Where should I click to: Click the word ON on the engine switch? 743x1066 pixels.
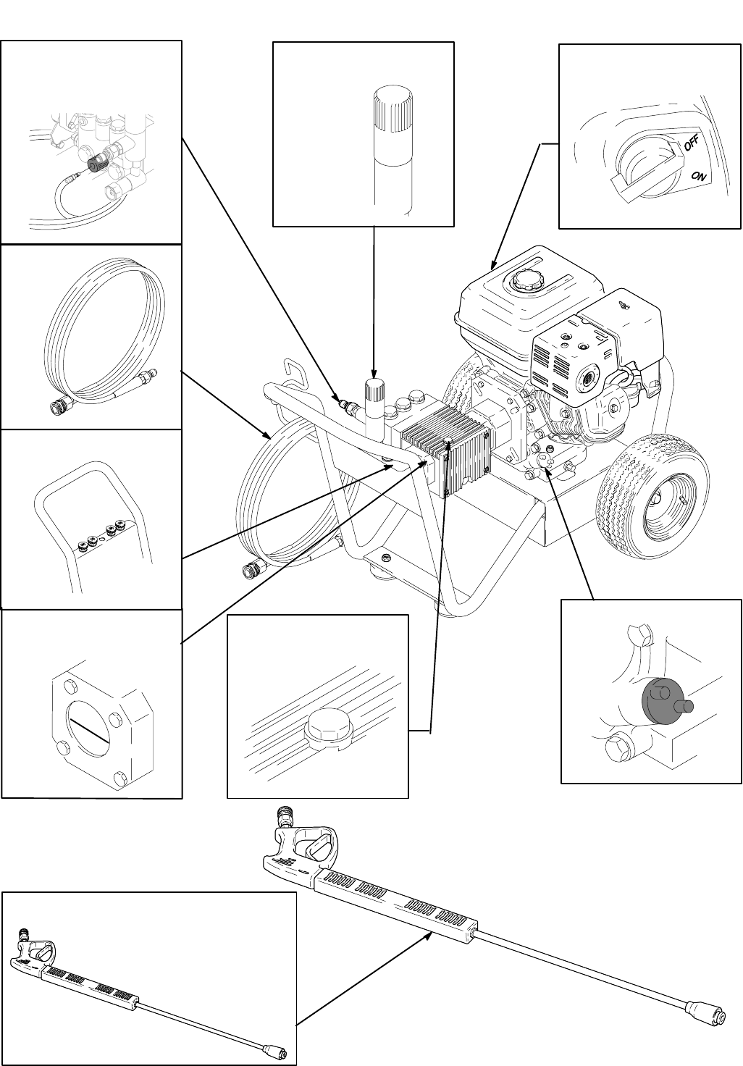pos(698,176)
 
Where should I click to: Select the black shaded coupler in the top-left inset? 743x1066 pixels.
pos(98,164)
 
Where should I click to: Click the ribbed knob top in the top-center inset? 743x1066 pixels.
pos(393,110)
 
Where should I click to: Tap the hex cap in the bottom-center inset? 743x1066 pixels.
pos(329,726)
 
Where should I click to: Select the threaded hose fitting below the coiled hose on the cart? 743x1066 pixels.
pos(255,568)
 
